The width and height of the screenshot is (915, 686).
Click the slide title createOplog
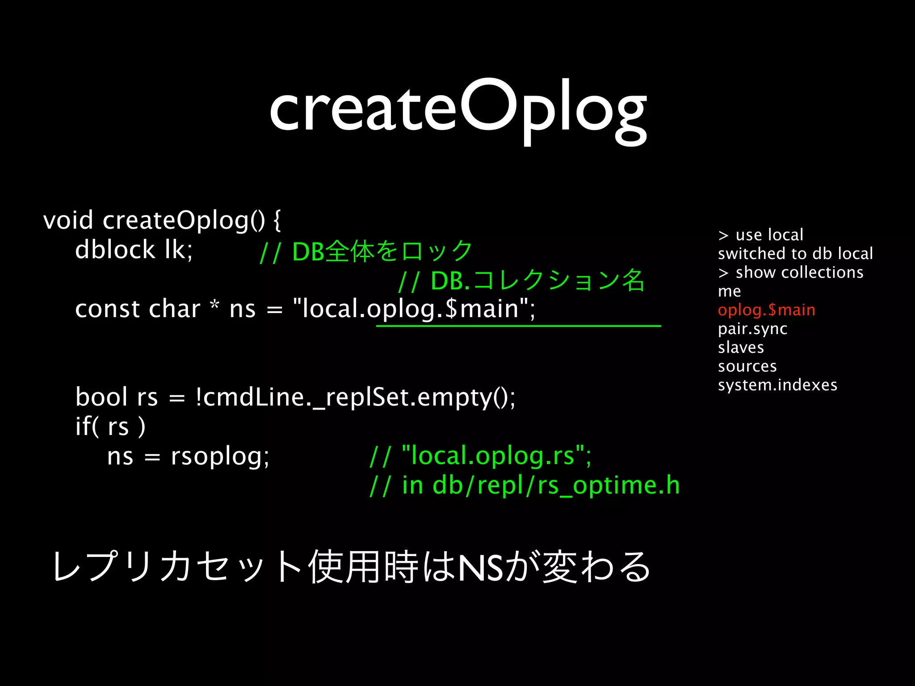(x=457, y=109)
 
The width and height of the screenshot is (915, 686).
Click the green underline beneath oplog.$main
(x=518, y=326)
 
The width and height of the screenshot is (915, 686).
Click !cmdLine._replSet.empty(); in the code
(x=355, y=397)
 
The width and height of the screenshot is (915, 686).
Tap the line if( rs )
(x=110, y=426)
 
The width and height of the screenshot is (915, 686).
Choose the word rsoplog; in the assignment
(x=220, y=456)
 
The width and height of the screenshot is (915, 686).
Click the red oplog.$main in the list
(x=766, y=310)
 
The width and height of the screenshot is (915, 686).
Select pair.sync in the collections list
(x=752, y=329)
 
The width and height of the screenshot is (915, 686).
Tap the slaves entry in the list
(x=741, y=347)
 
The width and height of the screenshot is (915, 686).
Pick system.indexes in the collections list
(x=777, y=385)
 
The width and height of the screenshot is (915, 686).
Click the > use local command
(x=760, y=234)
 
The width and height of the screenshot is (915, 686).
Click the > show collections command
(x=791, y=272)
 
